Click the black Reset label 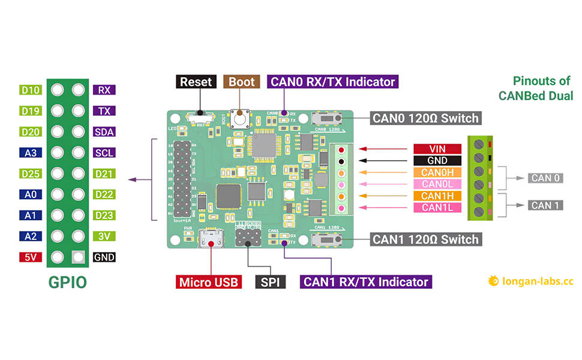tap(196, 82)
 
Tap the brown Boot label tap(242, 82)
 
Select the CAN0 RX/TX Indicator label tap(333, 82)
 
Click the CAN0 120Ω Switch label tap(425, 118)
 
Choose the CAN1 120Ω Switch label tap(425, 239)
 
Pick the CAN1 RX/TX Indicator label tap(365, 282)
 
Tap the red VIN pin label tap(437, 149)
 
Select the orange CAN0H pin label tap(437, 173)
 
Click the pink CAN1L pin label tap(437, 208)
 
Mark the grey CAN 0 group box tap(545, 178)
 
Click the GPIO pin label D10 tap(30, 91)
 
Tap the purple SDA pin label tap(104, 132)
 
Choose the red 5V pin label tap(30, 257)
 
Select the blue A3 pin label tap(30, 153)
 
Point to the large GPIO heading tap(67, 282)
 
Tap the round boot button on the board tap(242, 119)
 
